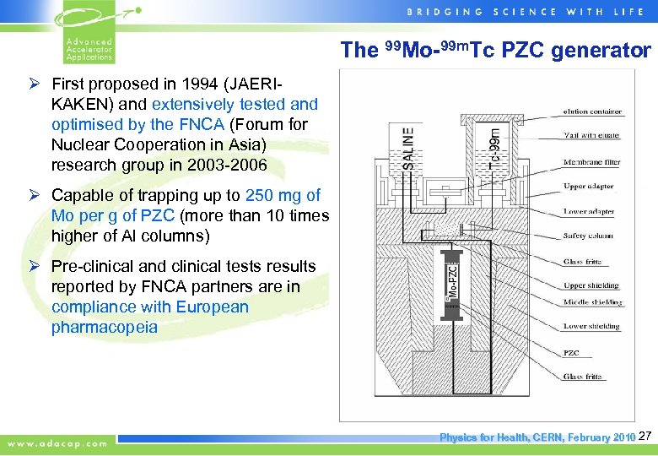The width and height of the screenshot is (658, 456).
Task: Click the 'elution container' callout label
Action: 592,111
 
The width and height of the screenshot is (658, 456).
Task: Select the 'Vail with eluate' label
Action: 591,136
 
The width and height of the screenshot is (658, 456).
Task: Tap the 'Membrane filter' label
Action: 592,161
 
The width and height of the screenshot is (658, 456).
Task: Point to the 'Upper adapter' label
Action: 588,186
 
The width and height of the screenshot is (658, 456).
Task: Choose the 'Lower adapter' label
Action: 588,211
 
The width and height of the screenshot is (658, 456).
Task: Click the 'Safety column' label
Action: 589,236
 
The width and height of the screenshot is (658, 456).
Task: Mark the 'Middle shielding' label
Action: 592,301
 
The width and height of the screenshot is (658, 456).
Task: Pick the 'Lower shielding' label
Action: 591,326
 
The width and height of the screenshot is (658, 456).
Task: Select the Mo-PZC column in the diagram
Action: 452,280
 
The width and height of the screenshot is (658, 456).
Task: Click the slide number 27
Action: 645,437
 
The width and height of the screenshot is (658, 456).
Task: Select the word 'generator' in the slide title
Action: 601,51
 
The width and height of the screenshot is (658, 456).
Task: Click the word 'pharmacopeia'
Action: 104,327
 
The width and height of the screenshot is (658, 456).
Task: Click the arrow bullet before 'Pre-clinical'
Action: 36,266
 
